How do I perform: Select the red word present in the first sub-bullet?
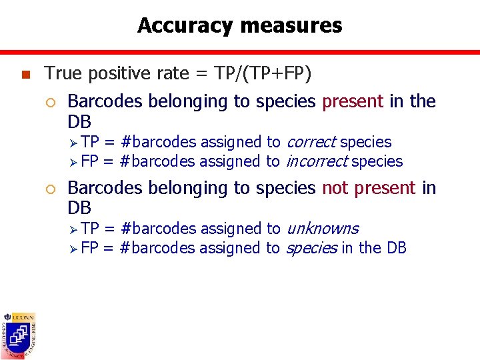coord(353,101)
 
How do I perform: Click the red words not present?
coord(369,188)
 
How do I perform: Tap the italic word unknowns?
coord(322,229)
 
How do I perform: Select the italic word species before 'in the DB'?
coord(311,248)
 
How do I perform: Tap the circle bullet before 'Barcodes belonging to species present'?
coord(53,102)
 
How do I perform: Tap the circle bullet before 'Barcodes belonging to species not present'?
coord(53,189)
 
